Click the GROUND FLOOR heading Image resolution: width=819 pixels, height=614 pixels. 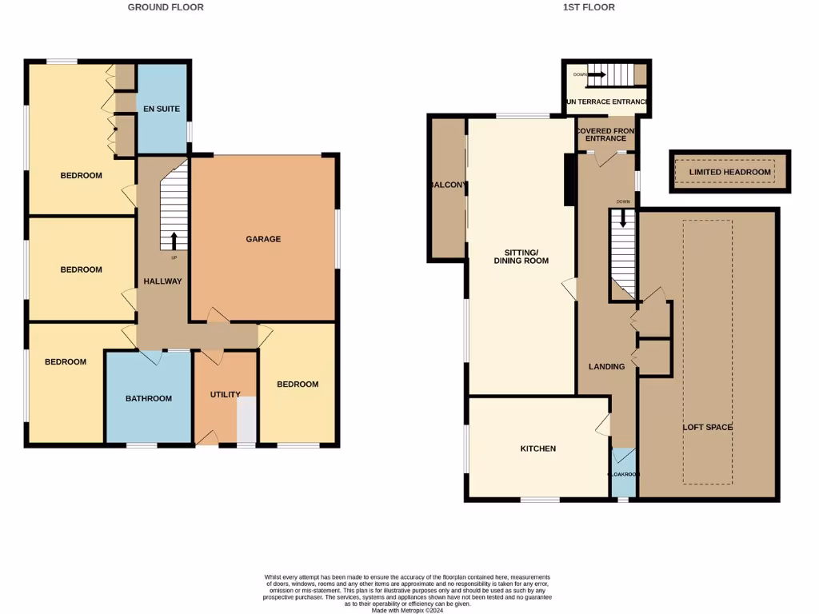166,7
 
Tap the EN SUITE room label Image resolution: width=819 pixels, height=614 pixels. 162,109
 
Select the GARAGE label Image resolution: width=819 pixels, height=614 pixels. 263,239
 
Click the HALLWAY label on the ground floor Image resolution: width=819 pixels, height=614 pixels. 162,281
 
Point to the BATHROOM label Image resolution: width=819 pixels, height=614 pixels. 148,398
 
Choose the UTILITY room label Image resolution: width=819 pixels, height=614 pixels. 225,394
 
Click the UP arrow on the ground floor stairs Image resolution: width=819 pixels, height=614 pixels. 174,241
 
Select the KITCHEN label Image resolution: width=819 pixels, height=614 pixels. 537,449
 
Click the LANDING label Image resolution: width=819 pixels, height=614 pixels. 606,367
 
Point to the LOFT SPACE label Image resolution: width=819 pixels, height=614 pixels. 707,427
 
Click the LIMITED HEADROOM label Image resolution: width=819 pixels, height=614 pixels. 729,172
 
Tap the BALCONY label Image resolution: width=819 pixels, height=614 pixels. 447,185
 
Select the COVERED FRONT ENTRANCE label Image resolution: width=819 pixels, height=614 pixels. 605,134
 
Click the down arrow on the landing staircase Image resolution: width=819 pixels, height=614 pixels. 622,217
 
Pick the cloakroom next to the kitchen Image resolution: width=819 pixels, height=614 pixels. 623,473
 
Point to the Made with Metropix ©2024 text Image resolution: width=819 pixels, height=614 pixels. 408,609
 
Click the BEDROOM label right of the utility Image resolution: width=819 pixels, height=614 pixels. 298,385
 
